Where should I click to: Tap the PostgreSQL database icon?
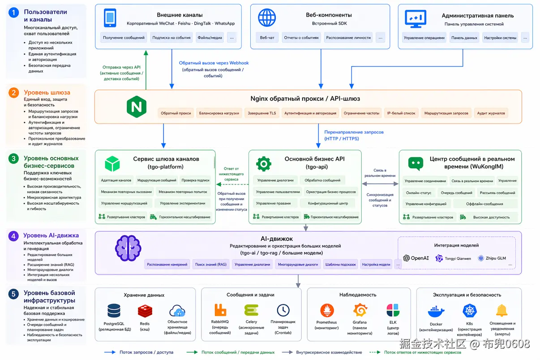click(114, 310)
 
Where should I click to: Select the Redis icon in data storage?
click(145, 310)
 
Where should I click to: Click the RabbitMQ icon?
click(220, 310)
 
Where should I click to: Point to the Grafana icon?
click(360, 310)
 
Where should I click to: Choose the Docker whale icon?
click(436, 311)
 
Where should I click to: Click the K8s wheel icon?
click(470, 311)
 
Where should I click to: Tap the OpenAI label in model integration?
click(416, 258)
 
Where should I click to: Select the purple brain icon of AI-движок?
click(128, 248)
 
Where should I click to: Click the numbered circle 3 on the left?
click(14, 159)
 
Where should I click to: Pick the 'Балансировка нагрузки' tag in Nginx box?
click(219, 113)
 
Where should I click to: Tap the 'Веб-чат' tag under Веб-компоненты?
click(267, 38)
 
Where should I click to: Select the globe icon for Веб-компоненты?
click(267, 18)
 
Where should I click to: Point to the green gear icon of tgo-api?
click(264, 164)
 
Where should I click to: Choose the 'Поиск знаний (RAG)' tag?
click(211, 265)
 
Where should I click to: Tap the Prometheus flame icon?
click(327, 310)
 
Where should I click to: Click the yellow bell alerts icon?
click(501, 310)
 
